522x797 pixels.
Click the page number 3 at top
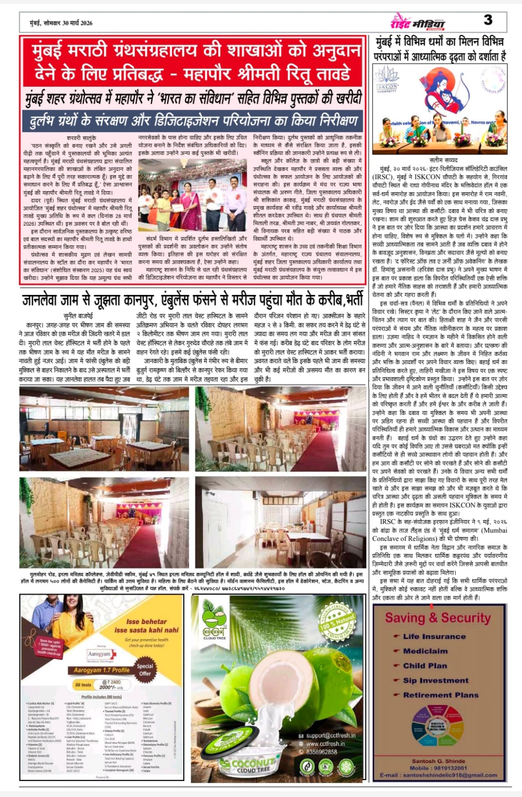(488, 19)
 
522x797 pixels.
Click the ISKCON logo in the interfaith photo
(387, 80)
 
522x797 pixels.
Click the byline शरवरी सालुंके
(81, 137)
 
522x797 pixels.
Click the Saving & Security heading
(438, 618)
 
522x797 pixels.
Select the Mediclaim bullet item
(425, 651)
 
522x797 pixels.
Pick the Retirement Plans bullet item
(440, 694)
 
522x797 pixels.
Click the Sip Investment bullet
(435, 680)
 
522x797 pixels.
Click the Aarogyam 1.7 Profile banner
(102, 670)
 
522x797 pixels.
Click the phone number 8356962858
(322, 752)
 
